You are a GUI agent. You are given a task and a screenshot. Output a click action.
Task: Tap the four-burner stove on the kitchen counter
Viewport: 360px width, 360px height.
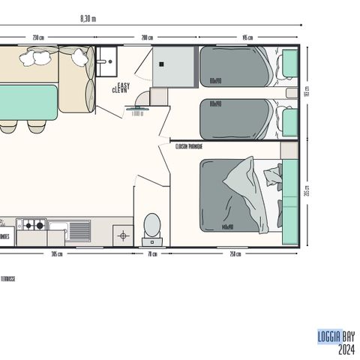click(33, 224)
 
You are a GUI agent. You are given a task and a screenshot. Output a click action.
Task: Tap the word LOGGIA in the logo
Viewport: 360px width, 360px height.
click(329, 337)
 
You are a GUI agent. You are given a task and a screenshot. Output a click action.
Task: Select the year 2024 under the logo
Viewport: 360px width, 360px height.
click(346, 349)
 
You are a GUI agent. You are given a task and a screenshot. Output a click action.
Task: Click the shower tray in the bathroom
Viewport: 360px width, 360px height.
click(174, 68)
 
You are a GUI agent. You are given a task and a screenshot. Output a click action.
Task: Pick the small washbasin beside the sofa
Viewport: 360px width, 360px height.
click(108, 58)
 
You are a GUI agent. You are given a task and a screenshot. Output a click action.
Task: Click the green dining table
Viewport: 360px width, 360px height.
click(28, 101)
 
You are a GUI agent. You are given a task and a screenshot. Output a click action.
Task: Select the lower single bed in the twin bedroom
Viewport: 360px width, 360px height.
click(235, 118)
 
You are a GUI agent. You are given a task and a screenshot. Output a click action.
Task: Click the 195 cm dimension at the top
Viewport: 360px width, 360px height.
click(247, 37)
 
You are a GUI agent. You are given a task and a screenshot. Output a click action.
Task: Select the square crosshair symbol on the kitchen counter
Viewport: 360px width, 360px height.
click(124, 235)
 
